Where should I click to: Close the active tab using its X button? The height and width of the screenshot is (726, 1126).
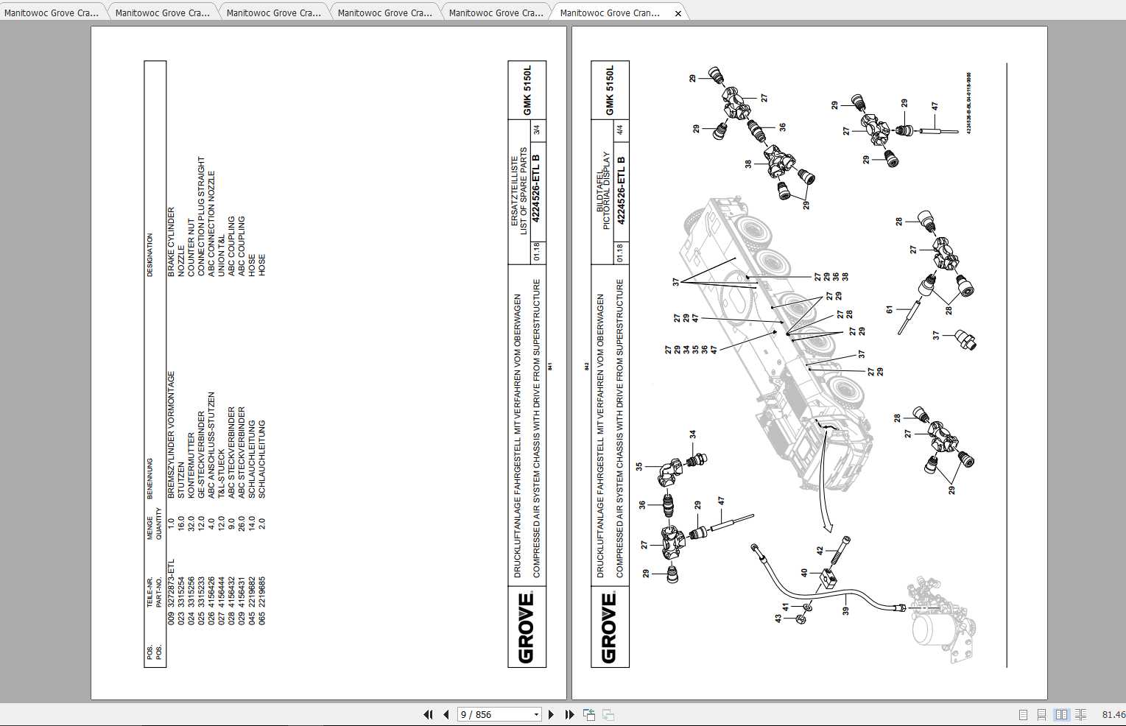click(x=678, y=13)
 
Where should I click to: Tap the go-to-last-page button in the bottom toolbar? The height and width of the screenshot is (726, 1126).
click(x=569, y=714)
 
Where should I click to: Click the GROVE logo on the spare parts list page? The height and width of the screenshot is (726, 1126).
click(x=527, y=627)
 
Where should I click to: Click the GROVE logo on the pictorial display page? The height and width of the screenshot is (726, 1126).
click(x=610, y=627)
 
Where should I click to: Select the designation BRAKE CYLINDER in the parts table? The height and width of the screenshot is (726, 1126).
click(x=171, y=242)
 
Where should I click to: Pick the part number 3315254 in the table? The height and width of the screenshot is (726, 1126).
click(x=181, y=587)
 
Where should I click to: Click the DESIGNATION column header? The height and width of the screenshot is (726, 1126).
click(x=150, y=255)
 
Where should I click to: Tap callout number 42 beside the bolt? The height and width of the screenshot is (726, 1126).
click(x=820, y=551)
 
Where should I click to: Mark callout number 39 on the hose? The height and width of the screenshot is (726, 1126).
click(x=845, y=610)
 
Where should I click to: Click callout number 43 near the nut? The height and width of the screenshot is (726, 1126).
click(x=778, y=618)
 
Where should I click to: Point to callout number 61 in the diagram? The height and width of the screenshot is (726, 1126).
click(x=890, y=310)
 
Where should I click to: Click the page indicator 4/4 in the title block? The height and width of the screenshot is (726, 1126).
click(x=619, y=130)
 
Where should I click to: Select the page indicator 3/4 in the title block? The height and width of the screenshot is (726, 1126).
click(x=536, y=130)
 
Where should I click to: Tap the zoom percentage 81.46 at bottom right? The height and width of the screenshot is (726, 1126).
click(x=1113, y=714)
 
